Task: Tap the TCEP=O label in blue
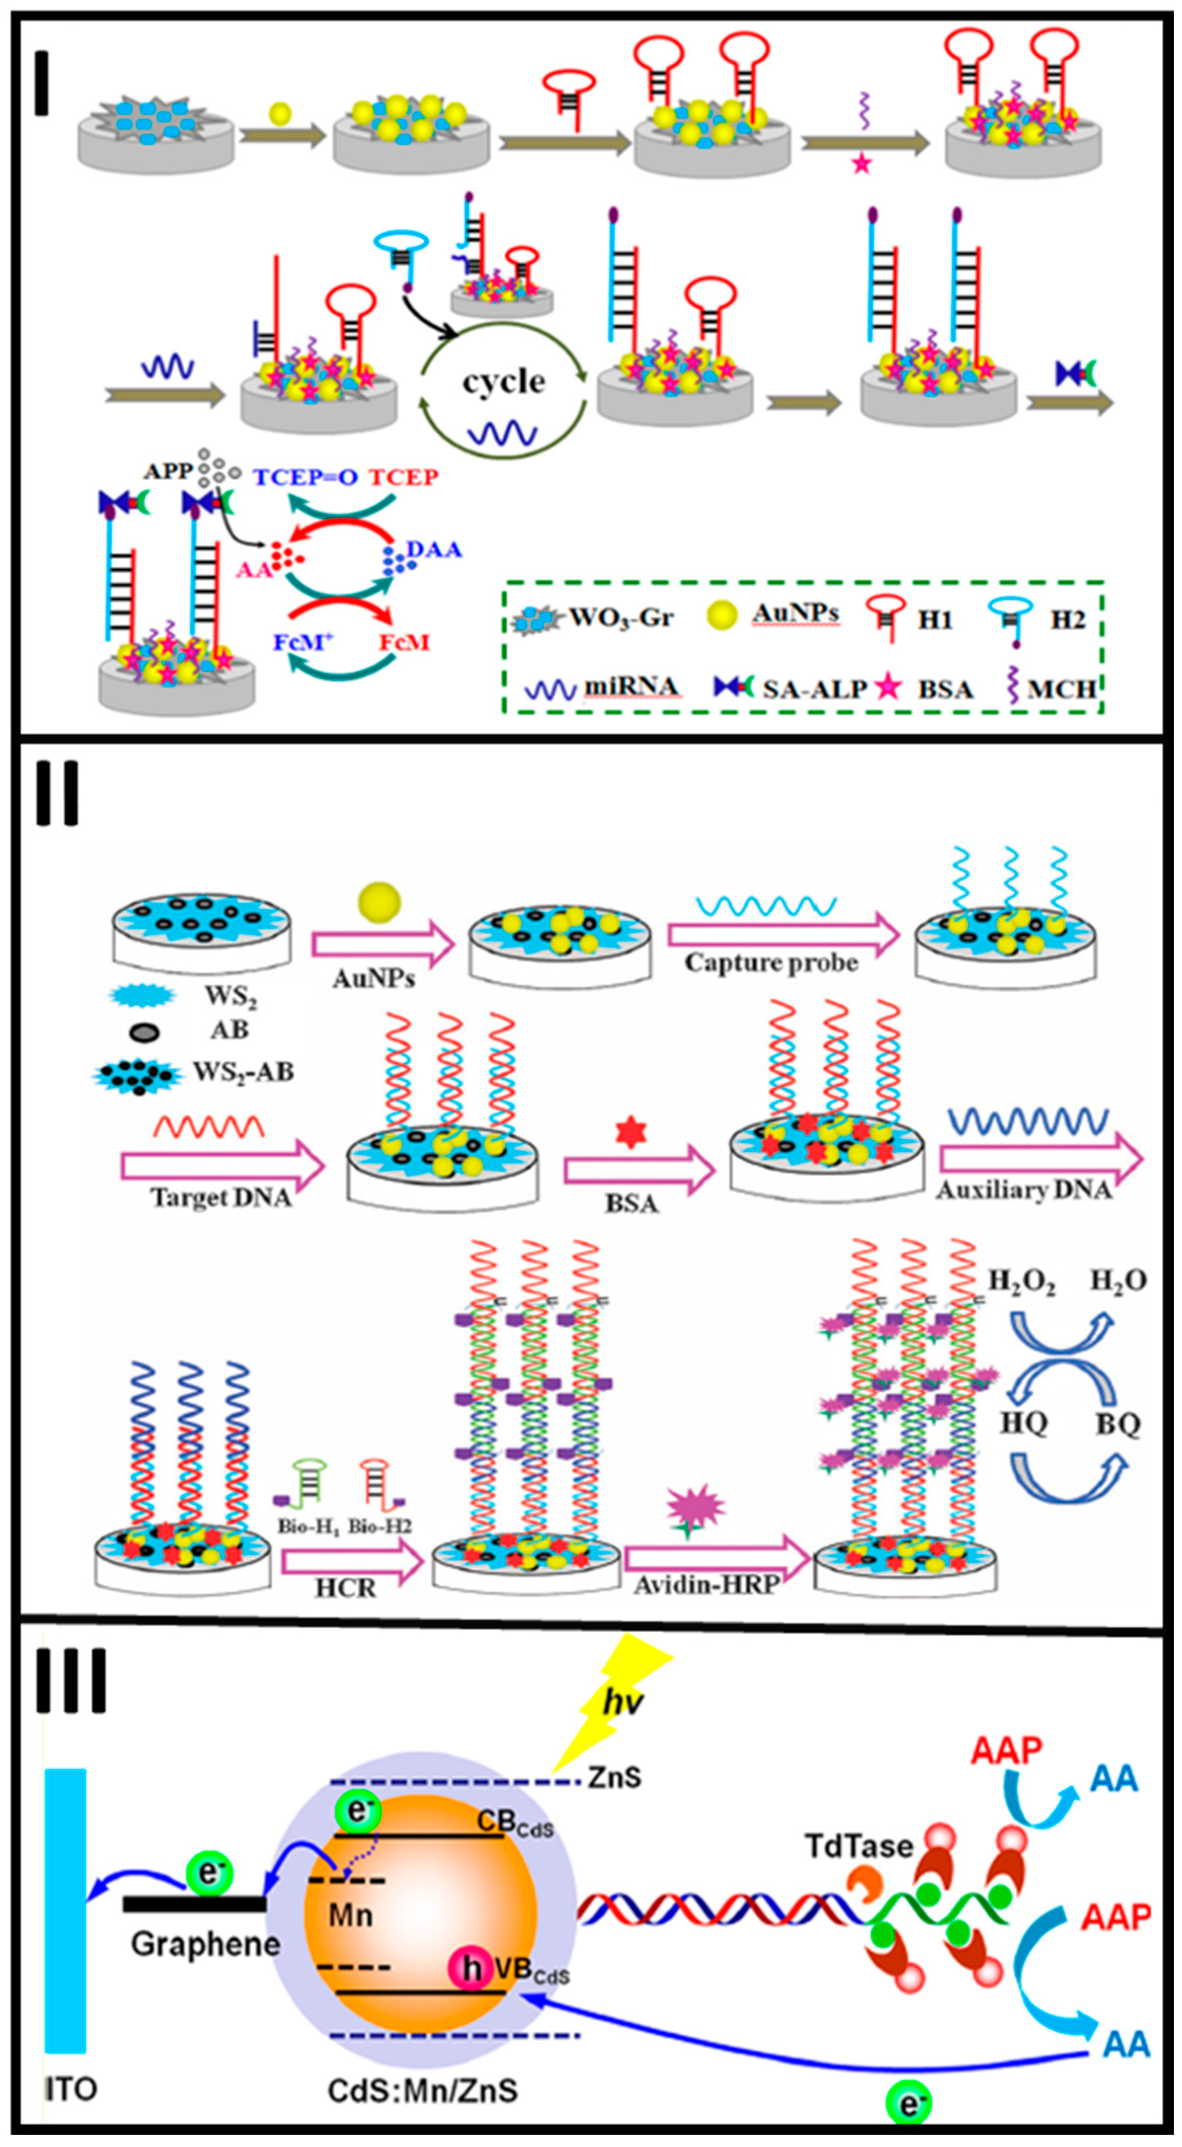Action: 305,477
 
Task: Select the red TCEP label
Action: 404,477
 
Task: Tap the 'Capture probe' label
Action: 771,963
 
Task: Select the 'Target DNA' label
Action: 221,1197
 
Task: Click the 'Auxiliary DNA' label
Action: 1023,1190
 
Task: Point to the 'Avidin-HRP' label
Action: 706,1584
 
